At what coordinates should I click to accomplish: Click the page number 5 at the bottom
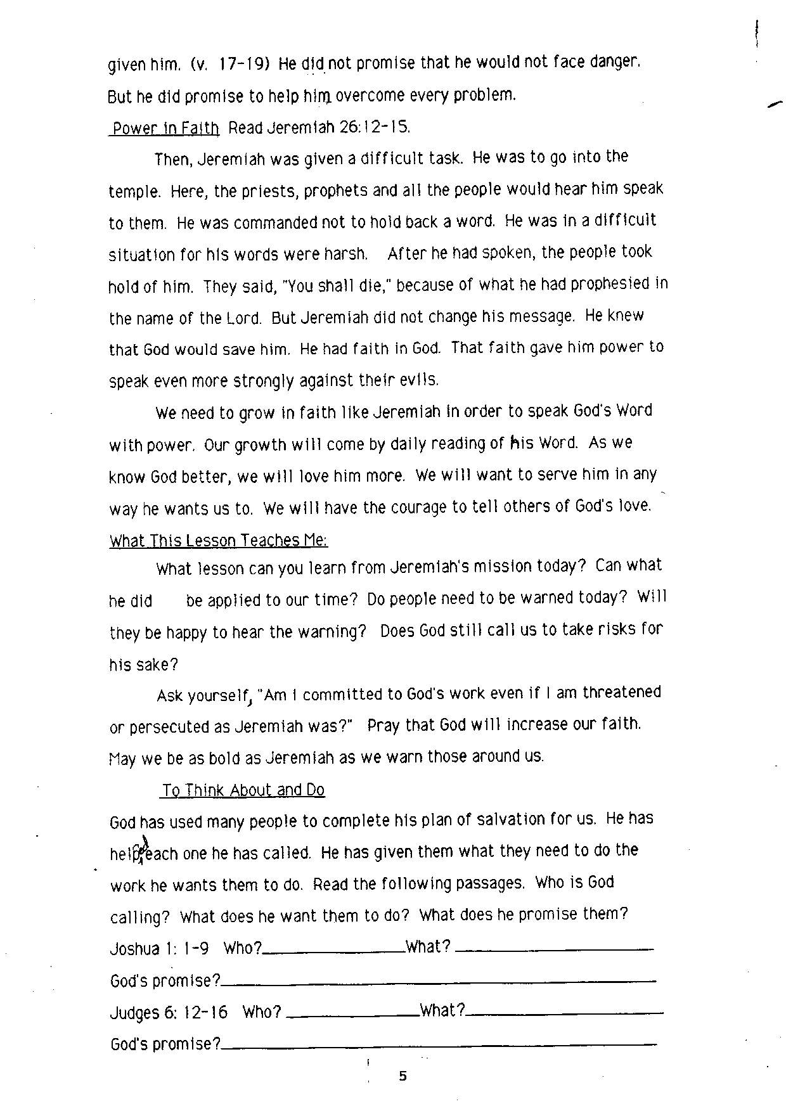403,1076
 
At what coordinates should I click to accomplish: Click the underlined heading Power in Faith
165,129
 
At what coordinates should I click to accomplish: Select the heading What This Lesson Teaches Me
219,541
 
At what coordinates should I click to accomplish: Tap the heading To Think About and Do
243,790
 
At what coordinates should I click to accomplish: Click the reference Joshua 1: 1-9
159,948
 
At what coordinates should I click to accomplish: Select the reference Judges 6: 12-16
169,1011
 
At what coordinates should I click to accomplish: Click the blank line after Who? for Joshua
334,951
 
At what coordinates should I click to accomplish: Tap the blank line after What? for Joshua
554,950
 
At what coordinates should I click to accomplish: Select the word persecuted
170,727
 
